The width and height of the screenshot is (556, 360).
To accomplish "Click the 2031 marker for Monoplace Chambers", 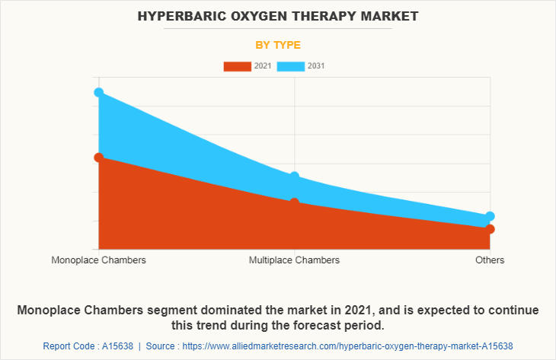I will pos(99,92).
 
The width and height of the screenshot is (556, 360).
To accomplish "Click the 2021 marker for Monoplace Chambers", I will pos(99,158).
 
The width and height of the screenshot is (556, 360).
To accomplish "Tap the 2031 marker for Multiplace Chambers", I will pos(294,177).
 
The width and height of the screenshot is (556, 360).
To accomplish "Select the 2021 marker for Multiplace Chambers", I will pos(294,202).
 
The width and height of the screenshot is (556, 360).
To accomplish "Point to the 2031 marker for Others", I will pos(490,216).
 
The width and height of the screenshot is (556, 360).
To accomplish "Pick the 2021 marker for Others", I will pos(490,229).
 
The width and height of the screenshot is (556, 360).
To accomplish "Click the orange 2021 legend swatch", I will pos(238,66).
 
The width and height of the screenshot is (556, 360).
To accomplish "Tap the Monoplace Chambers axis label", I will pos(99,260).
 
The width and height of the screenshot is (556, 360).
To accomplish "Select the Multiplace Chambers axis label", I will pos(294,260).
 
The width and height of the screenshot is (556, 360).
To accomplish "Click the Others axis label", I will pos(490,260).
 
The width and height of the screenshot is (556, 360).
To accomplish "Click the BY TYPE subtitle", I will pos(278,45).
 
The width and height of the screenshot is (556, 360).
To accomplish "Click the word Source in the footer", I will pos(160,346).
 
